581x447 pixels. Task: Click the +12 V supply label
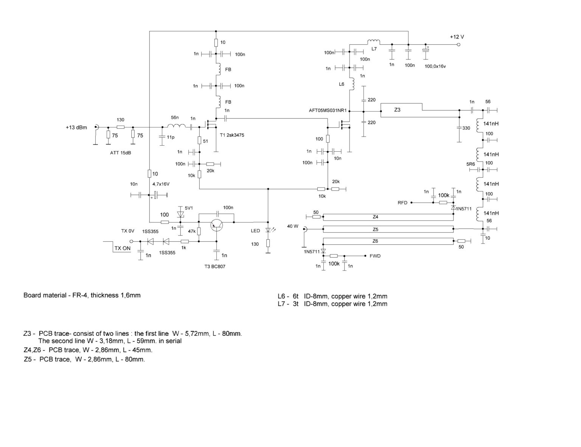coord(457,37)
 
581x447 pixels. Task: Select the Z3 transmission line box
coord(401,110)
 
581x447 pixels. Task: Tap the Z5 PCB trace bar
coord(388,229)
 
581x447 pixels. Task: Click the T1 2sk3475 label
coord(231,135)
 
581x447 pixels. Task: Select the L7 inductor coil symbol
coord(373,42)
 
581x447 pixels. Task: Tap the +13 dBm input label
coord(76,127)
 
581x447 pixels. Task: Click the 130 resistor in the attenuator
coord(121,127)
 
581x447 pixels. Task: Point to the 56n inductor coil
coord(177,127)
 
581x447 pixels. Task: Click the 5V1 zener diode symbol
coord(180,214)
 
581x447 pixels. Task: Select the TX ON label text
coord(123,248)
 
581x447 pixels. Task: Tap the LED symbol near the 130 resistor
coord(268,230)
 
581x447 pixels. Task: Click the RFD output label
coord(402,203)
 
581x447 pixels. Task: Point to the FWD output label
coord(375,256)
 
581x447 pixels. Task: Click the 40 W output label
coord(292,226)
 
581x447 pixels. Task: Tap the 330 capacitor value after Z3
coord(466,128)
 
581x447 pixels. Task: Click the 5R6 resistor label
coord(470,164)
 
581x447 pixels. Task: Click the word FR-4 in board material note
coord(80,295)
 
